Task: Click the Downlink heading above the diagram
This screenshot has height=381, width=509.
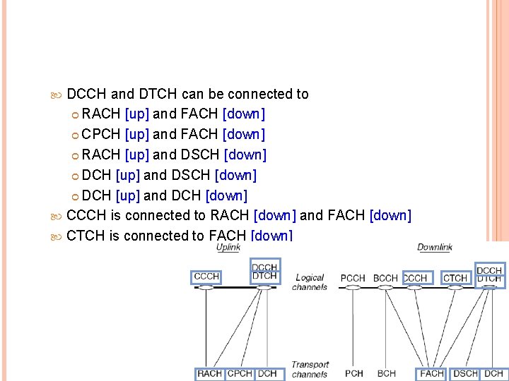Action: [x=434, y=247]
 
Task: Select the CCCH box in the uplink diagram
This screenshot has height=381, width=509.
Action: [x=206, y=276]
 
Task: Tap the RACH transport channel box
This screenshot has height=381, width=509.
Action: [x=210, y=373]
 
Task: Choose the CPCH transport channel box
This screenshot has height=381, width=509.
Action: [x=240, y=373]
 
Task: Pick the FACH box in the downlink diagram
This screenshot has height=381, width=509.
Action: [x=432, y=373]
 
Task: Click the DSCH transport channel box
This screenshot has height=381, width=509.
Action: [x=466, y=373]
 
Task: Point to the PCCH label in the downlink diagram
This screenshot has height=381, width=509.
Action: [x=353, y=278]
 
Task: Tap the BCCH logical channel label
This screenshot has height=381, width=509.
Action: [x=386, y=278]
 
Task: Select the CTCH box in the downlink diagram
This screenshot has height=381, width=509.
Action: [x=455, y=278]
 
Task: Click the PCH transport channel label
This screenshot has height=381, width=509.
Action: [x=354, y=373]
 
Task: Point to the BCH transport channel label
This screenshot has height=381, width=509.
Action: [x=387, y=373]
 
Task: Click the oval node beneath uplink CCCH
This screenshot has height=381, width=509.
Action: [x=206, y=287]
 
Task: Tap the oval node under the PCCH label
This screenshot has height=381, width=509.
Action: [x=353, y=288]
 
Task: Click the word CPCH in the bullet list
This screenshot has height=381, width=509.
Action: [x=101, y=134]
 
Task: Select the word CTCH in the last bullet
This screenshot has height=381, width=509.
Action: [x=86, y=236]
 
